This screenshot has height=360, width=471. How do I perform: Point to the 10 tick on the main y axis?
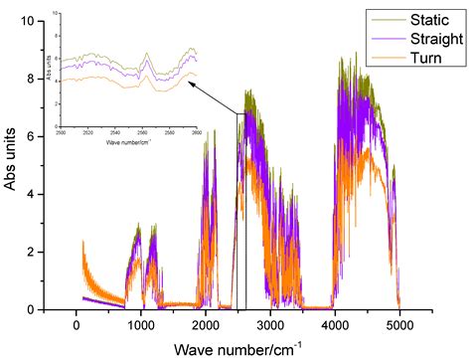tap(34, 21)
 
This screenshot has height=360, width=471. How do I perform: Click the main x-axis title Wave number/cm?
tap(238, 348)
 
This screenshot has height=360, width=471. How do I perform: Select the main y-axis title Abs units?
tap(12, 164)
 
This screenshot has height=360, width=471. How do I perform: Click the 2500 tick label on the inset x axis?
tap(62, 132)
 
